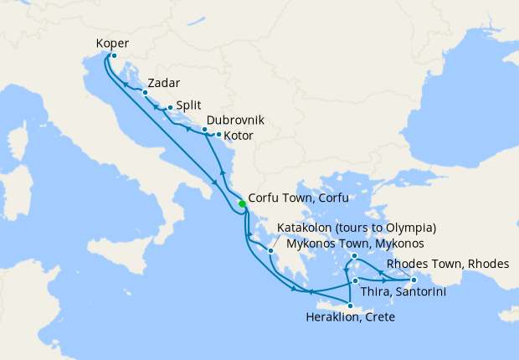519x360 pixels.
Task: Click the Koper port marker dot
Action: point(113,56)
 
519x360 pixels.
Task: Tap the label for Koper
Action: point(113,44)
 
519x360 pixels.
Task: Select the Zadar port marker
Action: point(145,93)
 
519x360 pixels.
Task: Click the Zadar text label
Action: point(163,83)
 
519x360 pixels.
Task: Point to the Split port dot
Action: point(170,107)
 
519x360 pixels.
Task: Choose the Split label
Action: point(188,107)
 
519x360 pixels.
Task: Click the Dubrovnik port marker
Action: point(205,129)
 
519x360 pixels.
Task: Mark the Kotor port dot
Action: point(218,134)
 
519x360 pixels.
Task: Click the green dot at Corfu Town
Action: point(242,203)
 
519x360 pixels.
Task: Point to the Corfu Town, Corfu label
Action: point(298,200)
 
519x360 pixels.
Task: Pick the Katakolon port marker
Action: point(271,249)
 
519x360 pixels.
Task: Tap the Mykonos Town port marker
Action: point(355,255)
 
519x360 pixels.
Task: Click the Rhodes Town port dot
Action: point(413,280)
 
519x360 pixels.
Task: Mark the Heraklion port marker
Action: point(350,305)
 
